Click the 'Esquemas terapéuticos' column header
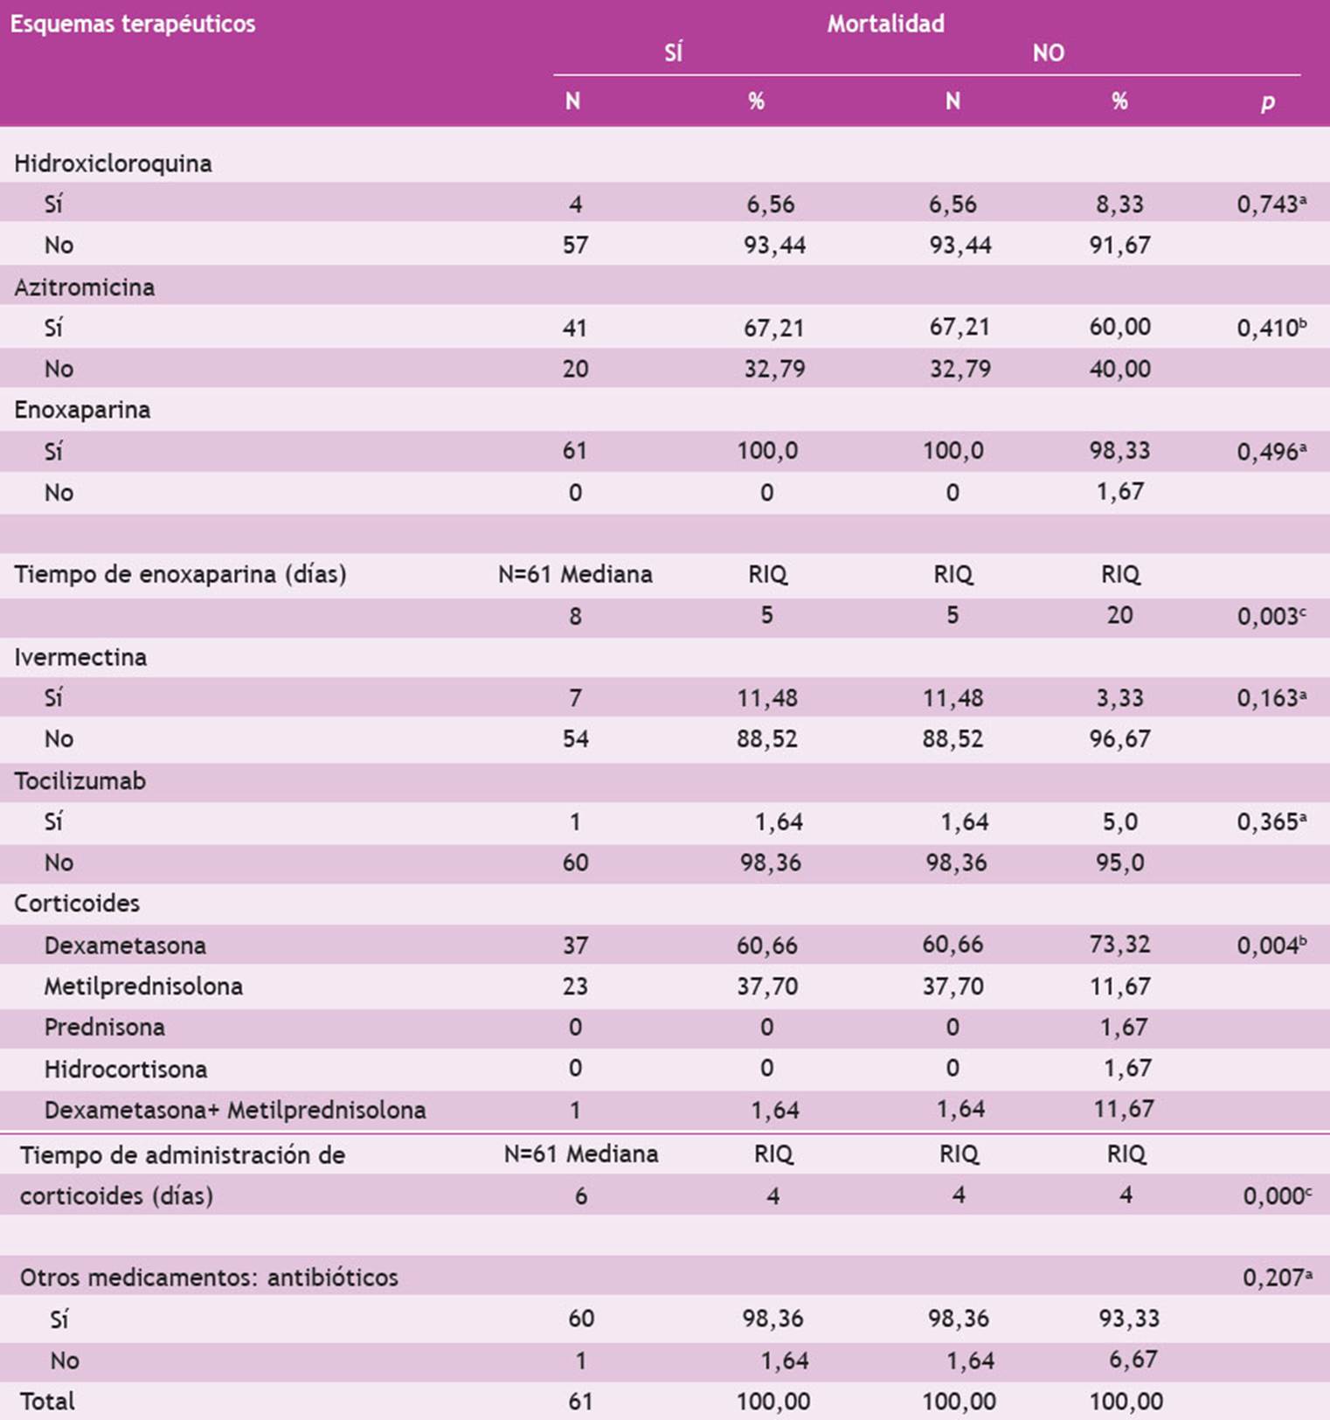133,24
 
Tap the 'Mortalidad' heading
885,24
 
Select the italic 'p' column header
1267,102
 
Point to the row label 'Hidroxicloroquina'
113,163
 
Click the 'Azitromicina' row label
84,287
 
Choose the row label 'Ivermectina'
80,657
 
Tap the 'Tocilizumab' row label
80,781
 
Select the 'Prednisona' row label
104,1027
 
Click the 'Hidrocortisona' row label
125,1069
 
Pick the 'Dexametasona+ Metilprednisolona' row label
235,1110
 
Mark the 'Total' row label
47,1402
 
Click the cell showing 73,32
1119,945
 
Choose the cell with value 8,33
1119,204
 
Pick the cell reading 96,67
1119,739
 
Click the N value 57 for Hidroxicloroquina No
575,246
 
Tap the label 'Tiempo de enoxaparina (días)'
180,574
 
